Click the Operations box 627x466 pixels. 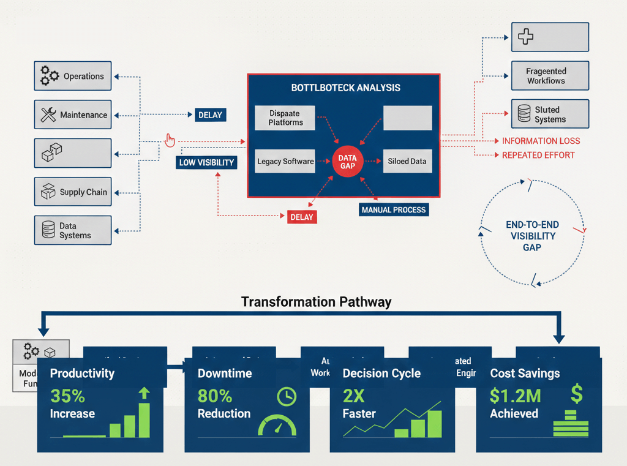(x=73, y=76)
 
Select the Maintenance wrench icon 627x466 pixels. (x=48, y=115)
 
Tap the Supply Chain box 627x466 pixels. (x=73, y=192)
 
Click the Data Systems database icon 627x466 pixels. (x=48, y=230)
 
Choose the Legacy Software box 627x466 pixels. (x=285, y=162)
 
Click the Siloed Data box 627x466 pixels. (x=407, y=162)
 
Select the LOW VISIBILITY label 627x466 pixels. (x=206, y=163)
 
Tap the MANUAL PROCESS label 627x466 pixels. (x=393, y=209)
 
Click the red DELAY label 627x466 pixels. (x=301, y=217)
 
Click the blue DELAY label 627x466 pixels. (x=210, y=115)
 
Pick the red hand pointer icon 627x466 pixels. (x=170, y=140)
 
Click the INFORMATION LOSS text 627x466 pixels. (x=541, y=141)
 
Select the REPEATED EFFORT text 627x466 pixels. (x=538, y=156)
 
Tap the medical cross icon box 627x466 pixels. (x=550, y=37)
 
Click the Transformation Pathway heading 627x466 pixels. (x=316, y=301)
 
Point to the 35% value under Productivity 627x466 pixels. (x=67, y=396)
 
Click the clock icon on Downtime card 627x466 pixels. (x=286, y=396)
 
